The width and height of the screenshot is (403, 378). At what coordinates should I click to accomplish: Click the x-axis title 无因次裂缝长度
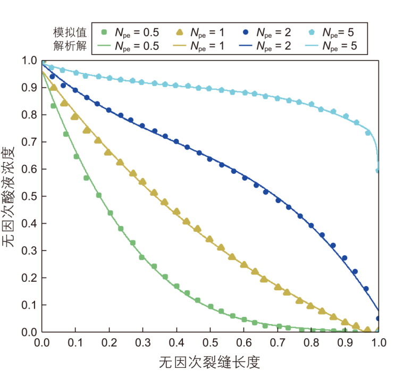click(209, 363)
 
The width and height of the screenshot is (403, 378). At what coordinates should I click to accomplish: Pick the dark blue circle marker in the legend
click(246, 32)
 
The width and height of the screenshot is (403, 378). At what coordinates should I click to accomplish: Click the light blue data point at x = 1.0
click(377, 171)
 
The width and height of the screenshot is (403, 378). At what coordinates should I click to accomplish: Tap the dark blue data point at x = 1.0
click(378, 318)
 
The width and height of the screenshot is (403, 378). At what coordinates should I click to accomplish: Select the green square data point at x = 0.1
click(76, 156)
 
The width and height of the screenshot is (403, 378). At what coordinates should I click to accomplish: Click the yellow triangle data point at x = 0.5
click(209, 239)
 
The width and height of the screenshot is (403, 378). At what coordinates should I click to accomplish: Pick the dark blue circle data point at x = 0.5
click(209, 159)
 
